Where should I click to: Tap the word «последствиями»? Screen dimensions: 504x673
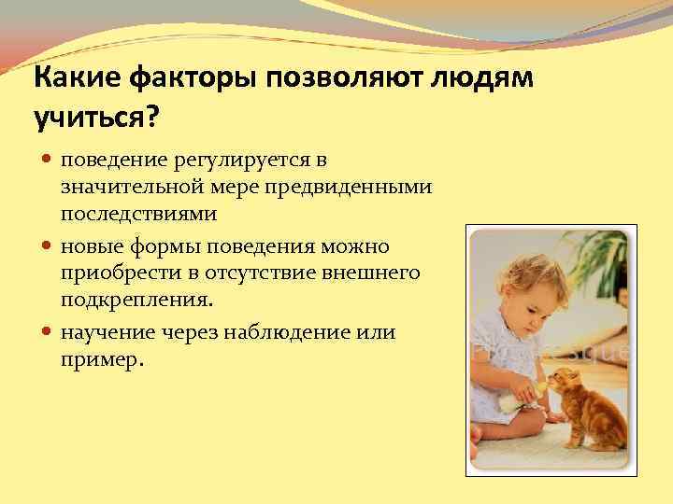(139, 213)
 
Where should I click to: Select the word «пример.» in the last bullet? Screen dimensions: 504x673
(103, 358)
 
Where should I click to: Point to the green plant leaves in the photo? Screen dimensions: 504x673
(598, 252)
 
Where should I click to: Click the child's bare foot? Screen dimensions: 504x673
(479, 435)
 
